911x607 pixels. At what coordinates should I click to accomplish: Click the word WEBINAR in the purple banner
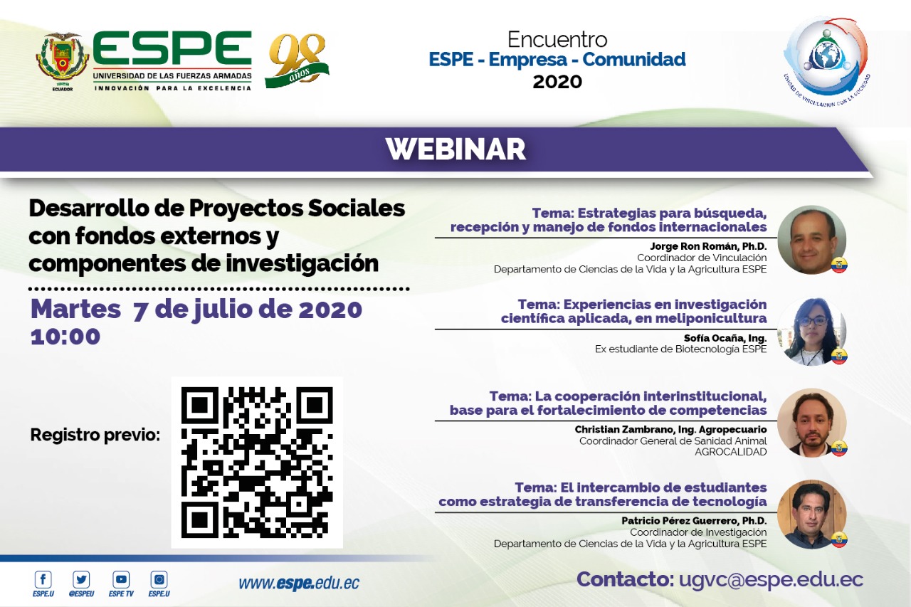tap(456, 149)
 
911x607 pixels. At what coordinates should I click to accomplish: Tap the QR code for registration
tap(257, 463)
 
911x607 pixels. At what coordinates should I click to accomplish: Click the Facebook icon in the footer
tap(43, 579)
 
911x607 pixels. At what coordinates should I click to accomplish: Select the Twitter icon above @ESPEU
tap(81, 579)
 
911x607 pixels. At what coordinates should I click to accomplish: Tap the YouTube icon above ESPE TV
tap(121, 579)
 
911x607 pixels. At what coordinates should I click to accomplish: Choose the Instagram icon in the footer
tap(159, 579)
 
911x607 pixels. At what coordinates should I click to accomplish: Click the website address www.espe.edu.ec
tap(299, 583)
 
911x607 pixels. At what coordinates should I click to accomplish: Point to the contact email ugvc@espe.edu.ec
tap(771, 579)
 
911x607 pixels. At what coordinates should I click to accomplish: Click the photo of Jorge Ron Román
tap(812, 240)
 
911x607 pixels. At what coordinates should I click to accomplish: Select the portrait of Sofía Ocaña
tap(812, 332)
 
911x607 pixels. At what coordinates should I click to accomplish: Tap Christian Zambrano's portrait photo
tap(812, 423)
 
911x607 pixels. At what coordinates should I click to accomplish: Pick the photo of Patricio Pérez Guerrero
tap(812, 514)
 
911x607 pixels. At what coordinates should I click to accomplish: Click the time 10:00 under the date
tap(65, 337)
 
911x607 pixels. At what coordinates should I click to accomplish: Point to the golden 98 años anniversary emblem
tap(297, 60)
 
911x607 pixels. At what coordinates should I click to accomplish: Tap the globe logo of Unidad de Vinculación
tap(826, 57)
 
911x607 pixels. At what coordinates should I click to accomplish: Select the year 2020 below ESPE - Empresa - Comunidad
tap(557, 82)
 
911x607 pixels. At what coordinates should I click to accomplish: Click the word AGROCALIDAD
tap(731, 452)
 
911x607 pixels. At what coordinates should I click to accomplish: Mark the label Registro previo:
tap(95, 435)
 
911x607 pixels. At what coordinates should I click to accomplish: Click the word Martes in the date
tap(75, 310)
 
